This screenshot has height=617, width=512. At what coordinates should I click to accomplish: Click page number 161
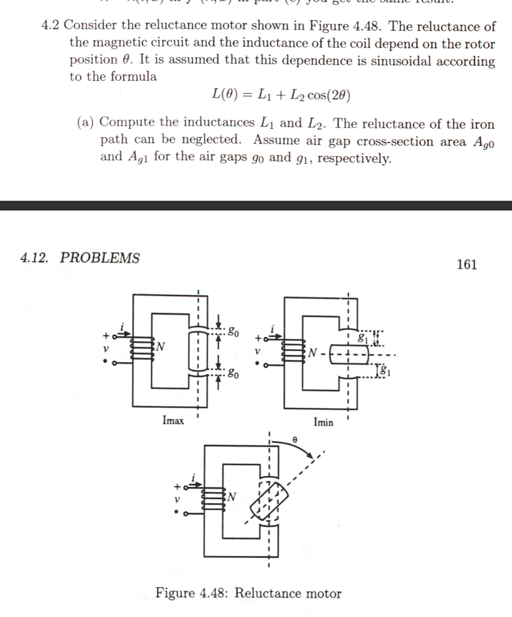coord(467,265)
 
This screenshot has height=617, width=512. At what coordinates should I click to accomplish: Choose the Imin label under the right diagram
coord(323,422)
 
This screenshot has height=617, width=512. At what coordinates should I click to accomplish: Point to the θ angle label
coord(294,440)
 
